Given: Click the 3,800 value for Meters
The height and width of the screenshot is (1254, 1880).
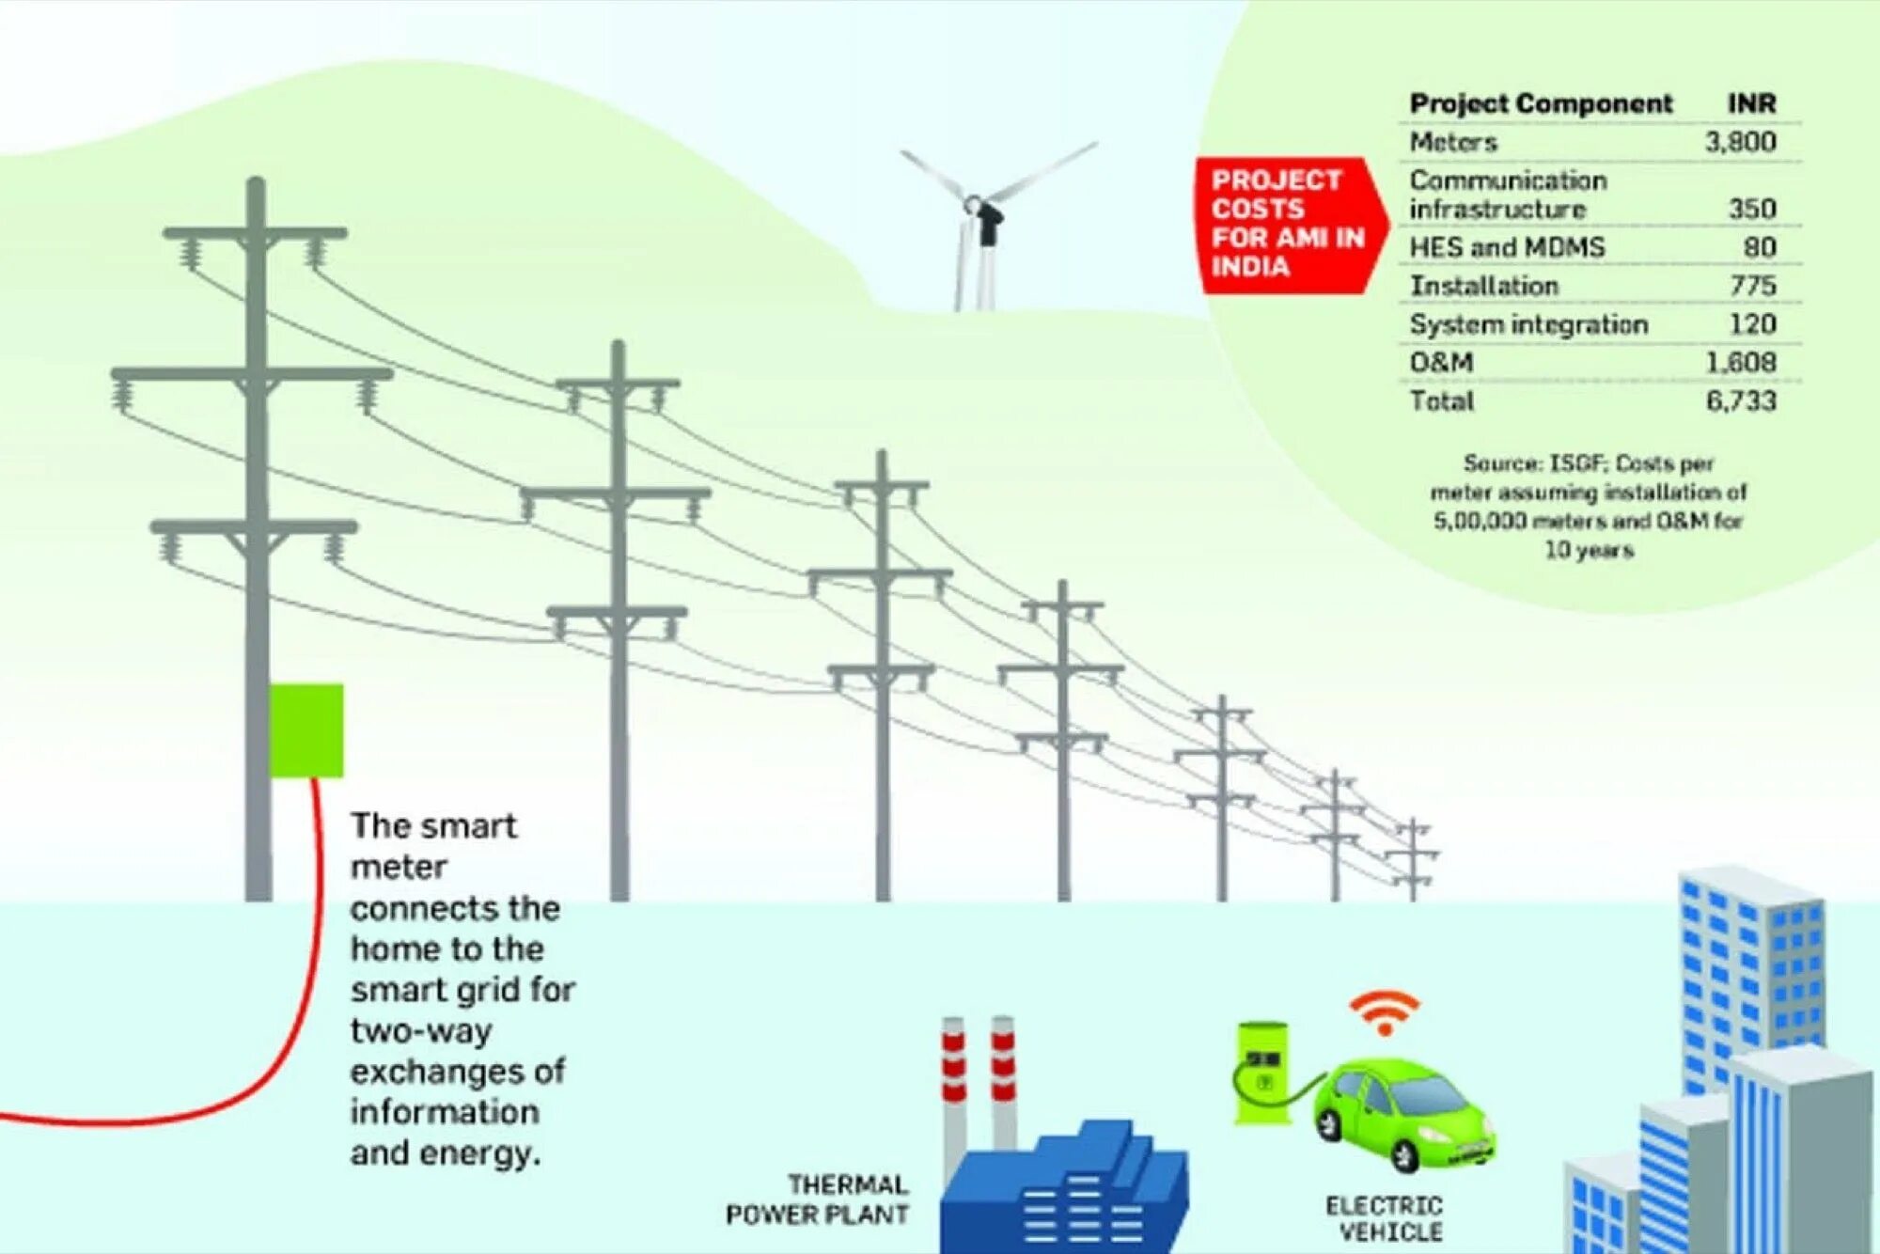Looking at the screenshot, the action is pyautogui.click(x=1740, y=142).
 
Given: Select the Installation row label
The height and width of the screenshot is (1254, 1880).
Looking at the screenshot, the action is pyautogui.click(x=1483, y=286).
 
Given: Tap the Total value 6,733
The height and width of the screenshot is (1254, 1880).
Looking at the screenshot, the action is pyautogui.click(x=1741, y=401).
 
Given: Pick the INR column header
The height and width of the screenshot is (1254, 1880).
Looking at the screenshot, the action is pyautogui.click(x=1751, y=103).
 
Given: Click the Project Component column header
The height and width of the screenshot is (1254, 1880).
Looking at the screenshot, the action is pyautogui.click(x=1541, y=103).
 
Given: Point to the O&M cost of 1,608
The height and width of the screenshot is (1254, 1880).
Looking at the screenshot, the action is pyautogui.click(x=1741, y=363).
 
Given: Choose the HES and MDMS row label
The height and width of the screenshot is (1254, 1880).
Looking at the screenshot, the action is pyautogui.click(x=1507, y=247).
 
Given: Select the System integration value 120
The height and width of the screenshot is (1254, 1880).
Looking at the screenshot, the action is pyautogui.click(x=1752, y=324).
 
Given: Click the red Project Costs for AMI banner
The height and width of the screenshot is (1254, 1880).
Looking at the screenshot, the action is pyautogui.click(x=1287, y=224).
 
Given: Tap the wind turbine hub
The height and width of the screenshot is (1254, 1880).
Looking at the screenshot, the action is pyautogui.click(x=974, y=202).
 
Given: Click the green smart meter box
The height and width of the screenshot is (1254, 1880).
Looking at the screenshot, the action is pyautogui.click(x=306, y=730).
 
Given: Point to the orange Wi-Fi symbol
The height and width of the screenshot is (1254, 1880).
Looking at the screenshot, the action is pyautogui.click(x=1384, y=1013).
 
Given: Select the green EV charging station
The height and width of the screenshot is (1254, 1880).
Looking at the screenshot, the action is pyautogui.click(x=1261, y=1072).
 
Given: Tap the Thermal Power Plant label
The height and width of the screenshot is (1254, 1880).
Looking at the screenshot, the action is pyautogui.click(x=817, y=1199).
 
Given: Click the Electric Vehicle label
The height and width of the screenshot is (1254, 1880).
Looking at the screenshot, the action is pyautogui.click(x=1384, y=1218).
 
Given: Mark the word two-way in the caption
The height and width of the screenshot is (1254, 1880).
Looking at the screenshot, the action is pyautogui.click(x=421, y=1031).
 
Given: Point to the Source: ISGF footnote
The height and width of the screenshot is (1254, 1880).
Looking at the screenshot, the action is pyautogui.click(x=1588, y=506).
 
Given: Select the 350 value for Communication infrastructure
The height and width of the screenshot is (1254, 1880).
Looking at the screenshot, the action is pyautogui.click(x=1752, y=209).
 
